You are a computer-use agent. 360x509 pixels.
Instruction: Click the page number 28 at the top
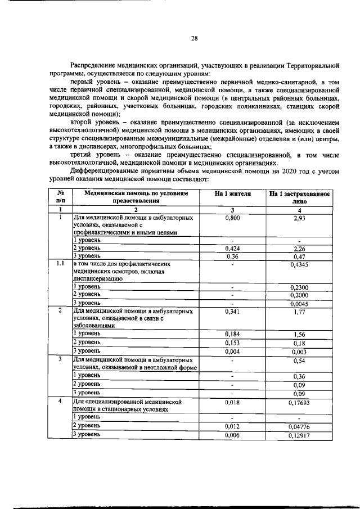pos(193,38)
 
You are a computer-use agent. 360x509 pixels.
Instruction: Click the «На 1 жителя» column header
pos(232,193)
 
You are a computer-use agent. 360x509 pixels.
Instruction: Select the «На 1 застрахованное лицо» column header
pos(299,197)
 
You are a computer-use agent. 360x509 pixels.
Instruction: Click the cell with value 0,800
pos(232,217)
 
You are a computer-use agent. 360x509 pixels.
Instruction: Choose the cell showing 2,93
pos(299,218)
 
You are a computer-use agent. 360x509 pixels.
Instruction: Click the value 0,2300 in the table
pos(299,287)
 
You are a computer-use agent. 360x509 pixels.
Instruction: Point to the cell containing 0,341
pos(232,310)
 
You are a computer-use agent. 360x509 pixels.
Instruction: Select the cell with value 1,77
pos(299,310)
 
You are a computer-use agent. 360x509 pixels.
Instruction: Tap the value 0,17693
pos(299,403)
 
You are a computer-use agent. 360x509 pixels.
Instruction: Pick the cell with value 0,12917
pos(299,435)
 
